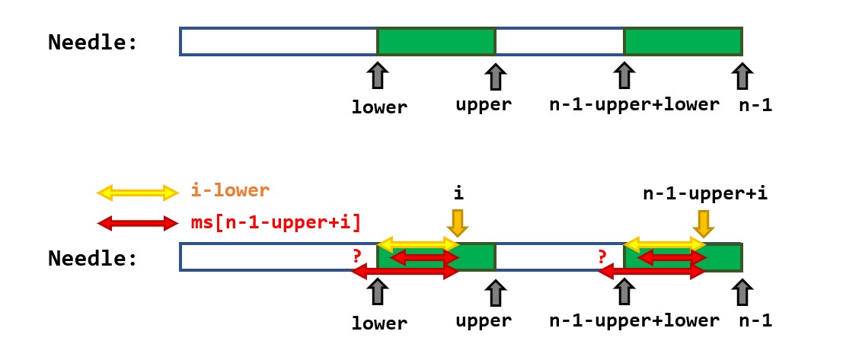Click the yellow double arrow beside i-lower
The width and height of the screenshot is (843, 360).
pyautogui.click(x=137, y=193)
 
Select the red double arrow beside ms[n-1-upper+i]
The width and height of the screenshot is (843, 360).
pyautogui.click(x=137, y=223)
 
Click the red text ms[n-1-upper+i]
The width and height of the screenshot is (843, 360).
pyautogui.click(x=275, y=222)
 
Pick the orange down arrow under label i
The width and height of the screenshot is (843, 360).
pyautogui.click(x=457, y=222)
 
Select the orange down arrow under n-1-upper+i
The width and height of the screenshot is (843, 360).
pyautogui.click(x=703, y=222)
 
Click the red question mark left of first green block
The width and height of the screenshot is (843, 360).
pyautogui.click(x=356, y=256)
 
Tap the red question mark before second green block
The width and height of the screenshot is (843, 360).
pyautogui.click(x=602, y=256)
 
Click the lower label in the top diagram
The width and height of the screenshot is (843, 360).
pyautogui.click(x=379, y=107)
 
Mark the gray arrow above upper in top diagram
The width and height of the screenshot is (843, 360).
pyautogui.click(x=495, y=77)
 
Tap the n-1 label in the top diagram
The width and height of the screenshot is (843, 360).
pyautogui.click(x=755, y=105)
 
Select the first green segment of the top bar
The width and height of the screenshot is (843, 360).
pyautogui.click(x=436, y=41)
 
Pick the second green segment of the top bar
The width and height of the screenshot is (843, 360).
pyautogui.click(x=683, y=41)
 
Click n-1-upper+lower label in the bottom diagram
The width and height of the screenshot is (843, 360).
pyautogui.click(x=634, y=320)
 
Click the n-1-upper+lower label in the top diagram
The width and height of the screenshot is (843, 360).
pyautogui.click(x=634, y=105)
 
